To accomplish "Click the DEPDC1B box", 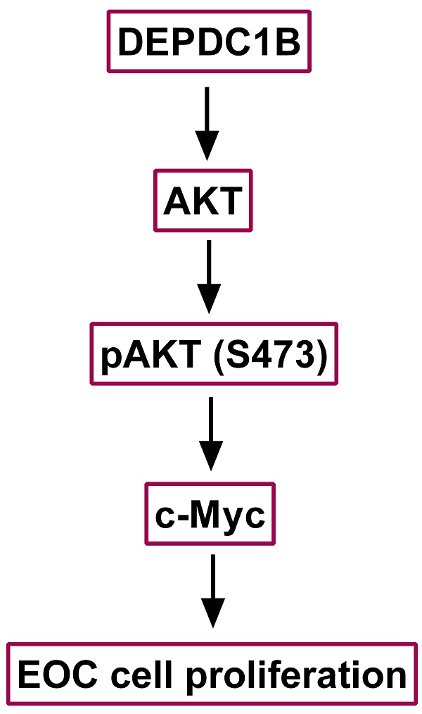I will [209, 42].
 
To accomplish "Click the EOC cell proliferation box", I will [211, 676].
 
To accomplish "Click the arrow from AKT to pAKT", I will [209, 276].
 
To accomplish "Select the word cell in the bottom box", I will [135, 676].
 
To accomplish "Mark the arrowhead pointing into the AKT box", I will [207, 149].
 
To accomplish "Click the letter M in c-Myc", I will [207, 516].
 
